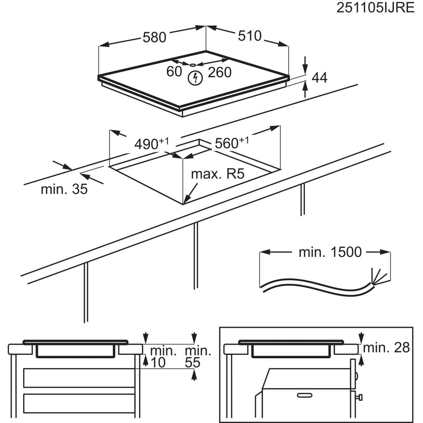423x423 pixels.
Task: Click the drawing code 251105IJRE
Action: pyautogui.click(x=375, y=8)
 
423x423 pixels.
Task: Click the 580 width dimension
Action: pyautogui.click(x=154, y=37)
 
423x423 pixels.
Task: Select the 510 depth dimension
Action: pyautogui.click(x=250, y=36)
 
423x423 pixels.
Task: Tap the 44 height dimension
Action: pyautogui.click(x=320, y=78)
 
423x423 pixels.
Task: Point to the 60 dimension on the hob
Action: pyautogui.click(x=174, y=71)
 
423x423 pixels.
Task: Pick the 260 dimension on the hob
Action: pyautogui.click(x=220, y=72)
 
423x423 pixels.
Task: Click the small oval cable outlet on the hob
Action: pyautogui.click(x=192, y=65)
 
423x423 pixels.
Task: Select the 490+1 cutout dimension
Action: pyautogui.click(x=152, y=143)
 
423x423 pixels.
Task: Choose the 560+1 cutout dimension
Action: pyautogui.click(x=232, y=142)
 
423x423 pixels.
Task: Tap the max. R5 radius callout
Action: pyautogui.click(x=217, y=174)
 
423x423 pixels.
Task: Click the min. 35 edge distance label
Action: pyautogui.click(x=64, y=189)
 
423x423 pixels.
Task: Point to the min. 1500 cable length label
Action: pyautogui.click(x=330, y=252)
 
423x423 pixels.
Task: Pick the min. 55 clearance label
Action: pyautogui.click(x=197, y=357)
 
